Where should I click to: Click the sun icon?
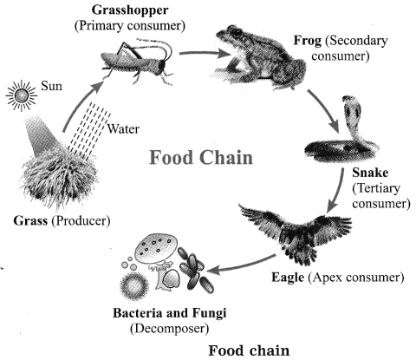[22, 95]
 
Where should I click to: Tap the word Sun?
[51, 86]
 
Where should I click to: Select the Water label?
[123, 128]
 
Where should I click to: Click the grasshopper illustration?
[138, 62]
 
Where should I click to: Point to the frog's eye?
[237, 32]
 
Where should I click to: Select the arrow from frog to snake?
[323, 110]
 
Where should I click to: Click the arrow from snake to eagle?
[336, 191]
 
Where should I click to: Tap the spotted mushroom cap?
[156, 248]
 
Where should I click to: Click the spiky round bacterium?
[134, 287]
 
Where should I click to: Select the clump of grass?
[60, 180]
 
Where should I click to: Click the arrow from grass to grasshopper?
[81, 105]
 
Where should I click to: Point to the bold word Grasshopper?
[130, 10]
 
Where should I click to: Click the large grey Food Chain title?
[201, 158]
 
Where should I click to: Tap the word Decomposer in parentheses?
[169, 329]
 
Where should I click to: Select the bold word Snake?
[370, 173]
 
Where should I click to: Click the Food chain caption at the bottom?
[249, 350]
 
